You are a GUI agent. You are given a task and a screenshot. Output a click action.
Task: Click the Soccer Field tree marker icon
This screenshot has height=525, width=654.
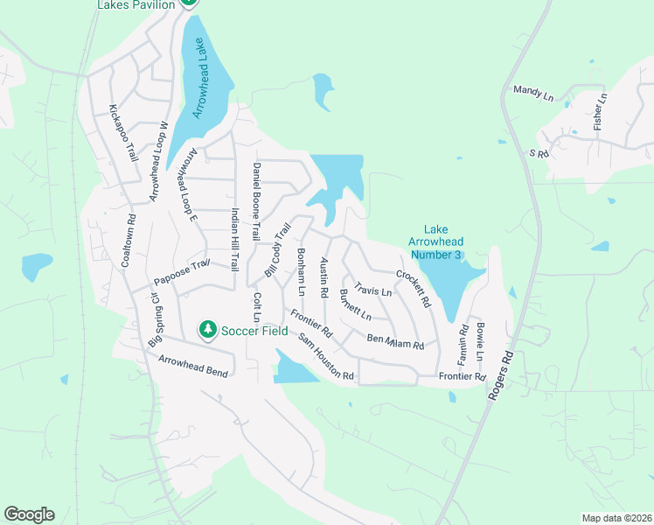coord(207,329)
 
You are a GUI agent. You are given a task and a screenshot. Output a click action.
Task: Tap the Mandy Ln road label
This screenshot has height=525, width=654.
coord(534,90)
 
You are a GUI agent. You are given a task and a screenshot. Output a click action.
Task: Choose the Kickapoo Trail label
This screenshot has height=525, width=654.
coord(123,133)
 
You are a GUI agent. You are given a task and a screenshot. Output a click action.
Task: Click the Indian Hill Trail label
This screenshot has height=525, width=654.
coord(234,239)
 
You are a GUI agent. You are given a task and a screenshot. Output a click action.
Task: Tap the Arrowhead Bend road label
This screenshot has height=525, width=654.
coord(194,367)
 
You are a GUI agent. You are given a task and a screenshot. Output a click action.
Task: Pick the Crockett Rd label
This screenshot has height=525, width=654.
coord(414,288)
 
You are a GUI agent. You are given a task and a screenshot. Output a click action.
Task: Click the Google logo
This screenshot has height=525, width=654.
coord(29,514)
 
